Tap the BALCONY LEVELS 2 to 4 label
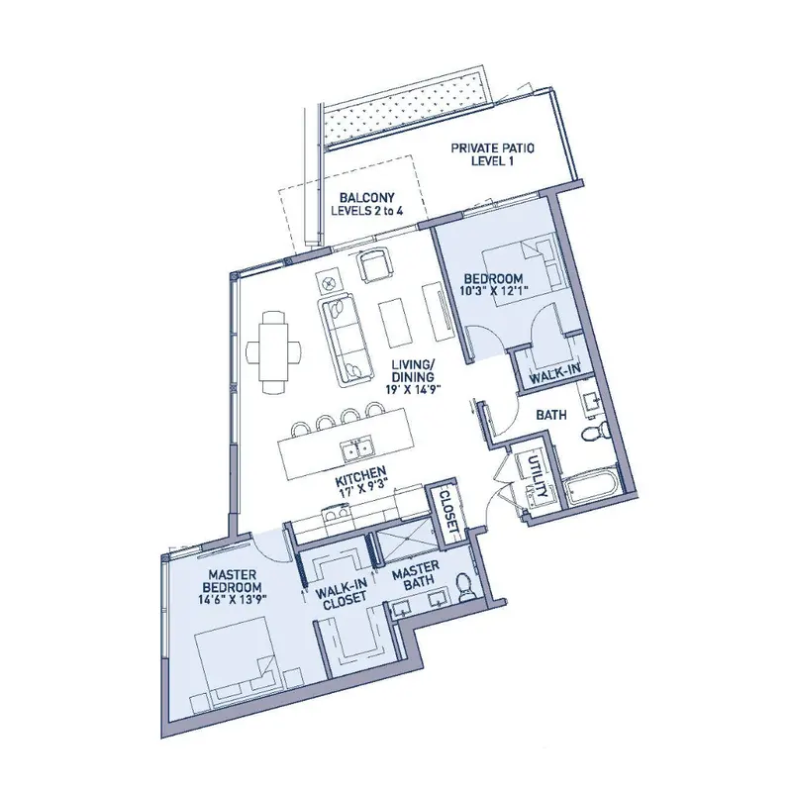[366, 204]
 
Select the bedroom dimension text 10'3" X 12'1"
[493, 291]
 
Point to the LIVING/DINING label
[413, 370]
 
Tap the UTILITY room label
[537, 476]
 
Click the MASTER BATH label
[416, 574]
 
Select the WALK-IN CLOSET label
[341, 593]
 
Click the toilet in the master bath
[464, 587]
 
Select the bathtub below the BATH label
[591, 488]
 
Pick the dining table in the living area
[273, 350]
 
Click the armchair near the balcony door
[374, 264]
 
